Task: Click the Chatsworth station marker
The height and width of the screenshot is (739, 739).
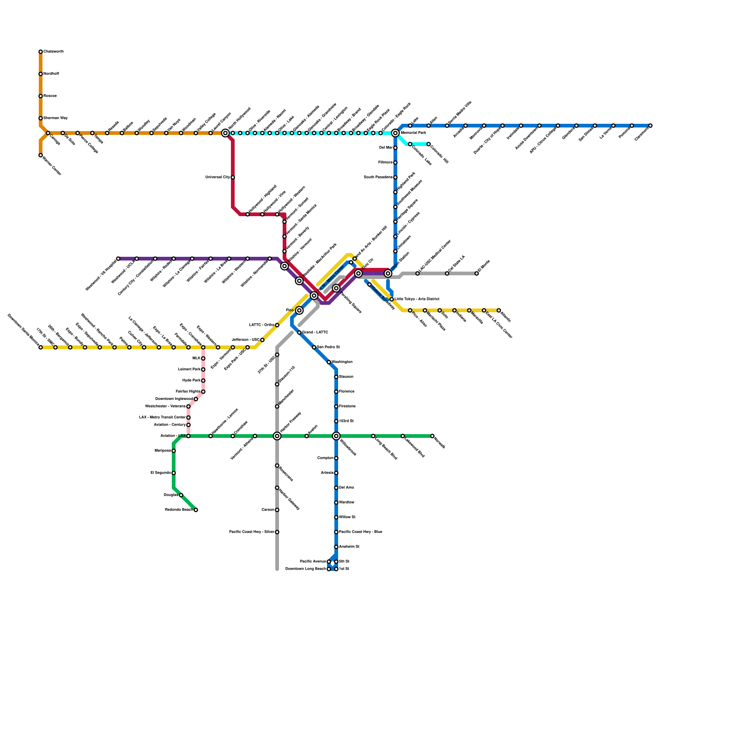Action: [x=41, y=52]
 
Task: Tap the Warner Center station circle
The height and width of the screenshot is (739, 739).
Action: [x=41, y=155]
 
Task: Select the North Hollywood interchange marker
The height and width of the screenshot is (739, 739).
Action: [x=225, y=133]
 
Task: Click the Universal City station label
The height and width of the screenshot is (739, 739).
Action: [x=218, y=177]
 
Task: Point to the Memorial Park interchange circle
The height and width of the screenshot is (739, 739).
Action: [x=395, y=133]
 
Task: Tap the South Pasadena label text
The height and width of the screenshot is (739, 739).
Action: [x=378, y=177]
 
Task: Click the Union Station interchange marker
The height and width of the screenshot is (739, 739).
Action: [x=388, y=273]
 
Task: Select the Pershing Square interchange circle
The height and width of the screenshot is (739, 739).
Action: [x=336, y=288]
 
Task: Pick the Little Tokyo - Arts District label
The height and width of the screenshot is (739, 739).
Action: [x=417, y=299]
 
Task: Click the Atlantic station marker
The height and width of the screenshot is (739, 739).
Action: [x=499, y=310]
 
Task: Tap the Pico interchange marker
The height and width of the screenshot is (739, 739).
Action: [x=299, y=310]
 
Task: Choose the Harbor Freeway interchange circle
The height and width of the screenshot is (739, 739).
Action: [x=277, y=436]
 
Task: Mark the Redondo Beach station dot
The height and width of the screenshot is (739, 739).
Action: [x=196, y=510]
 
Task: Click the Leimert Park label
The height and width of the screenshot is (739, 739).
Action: [x=189, y=369]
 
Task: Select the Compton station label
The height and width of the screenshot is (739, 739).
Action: [x=325, y=458]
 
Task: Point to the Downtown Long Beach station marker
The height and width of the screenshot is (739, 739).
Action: [x=329, y=569]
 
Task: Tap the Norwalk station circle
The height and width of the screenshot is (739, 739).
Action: [x=432, y=436]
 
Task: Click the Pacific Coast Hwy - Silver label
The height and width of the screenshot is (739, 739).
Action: [x=251, y=532]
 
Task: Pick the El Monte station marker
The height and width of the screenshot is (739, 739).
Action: [x=477, y=273]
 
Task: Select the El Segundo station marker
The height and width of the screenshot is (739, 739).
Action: [x=174, y=473]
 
